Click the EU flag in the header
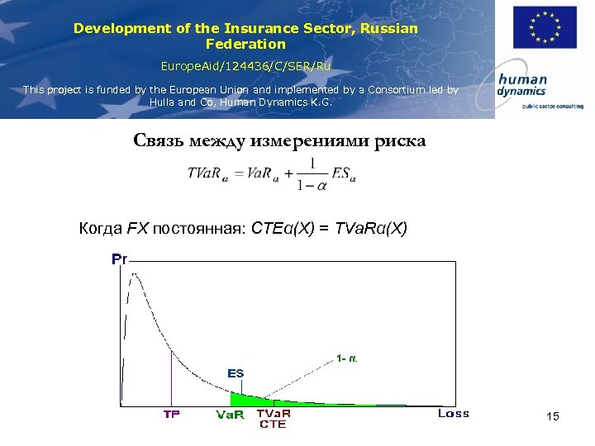pyautogui.click(x=544, y=28)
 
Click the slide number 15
pyautogui.click(x=553, y=417)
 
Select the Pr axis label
pyautogui.click(x=120, y=259)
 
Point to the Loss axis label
pyautogui.click(x=453, y=413)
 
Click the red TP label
pyautogui.click(x=171, y=414)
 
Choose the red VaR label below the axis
pyautogui.click(x=230, y=415)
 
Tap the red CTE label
pyautogui.click(x=273, y=425)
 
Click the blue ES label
pyautogui.click(x=236, y=373)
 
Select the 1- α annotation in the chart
pyautogui.click(x=347, y=358)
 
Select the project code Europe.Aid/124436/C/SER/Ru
pyautogui.click(x=245, y=64)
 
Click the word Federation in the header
pyautogui.click(x=245, y=44)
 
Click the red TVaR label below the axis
pyautogui.click(x=274, y=413)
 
